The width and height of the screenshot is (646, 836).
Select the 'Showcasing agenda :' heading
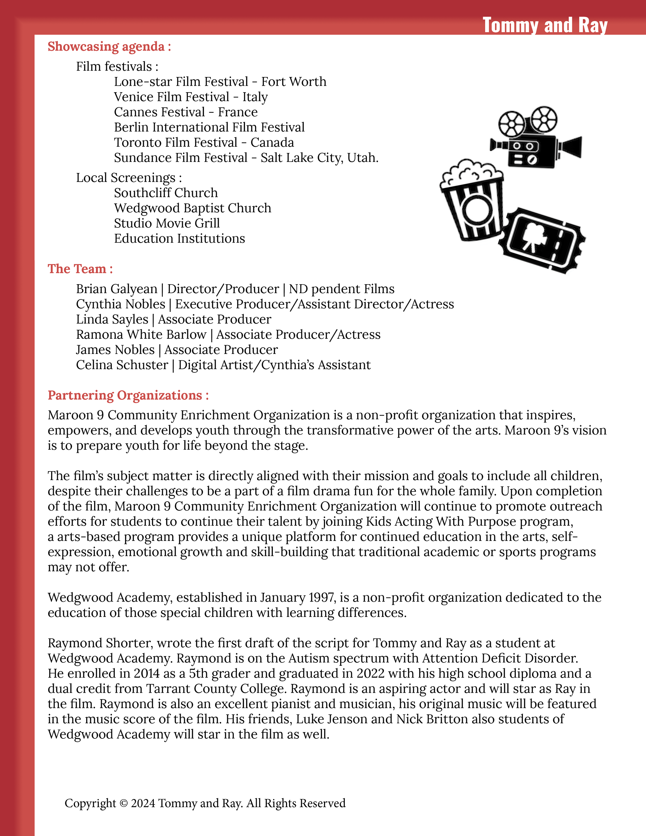(109, 47)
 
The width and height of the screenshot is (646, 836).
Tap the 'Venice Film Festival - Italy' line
(191, 97)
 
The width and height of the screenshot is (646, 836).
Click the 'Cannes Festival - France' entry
(186, 112)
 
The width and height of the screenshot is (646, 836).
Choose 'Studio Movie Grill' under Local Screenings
(167, 223)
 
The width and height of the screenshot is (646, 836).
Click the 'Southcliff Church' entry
(166, 193)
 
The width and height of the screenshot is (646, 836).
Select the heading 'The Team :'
(80, 269)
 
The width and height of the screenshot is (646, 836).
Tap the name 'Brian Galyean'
(116, 289)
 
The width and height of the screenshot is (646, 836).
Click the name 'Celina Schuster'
(122, 365)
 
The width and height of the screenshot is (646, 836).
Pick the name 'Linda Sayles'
(112, 319)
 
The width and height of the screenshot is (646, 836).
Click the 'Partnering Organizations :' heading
(128, 395)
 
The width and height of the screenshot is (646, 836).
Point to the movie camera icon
(535, 137)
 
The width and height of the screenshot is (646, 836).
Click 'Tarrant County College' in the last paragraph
(216, 689)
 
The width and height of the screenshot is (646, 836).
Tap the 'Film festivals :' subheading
(117, 67)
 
